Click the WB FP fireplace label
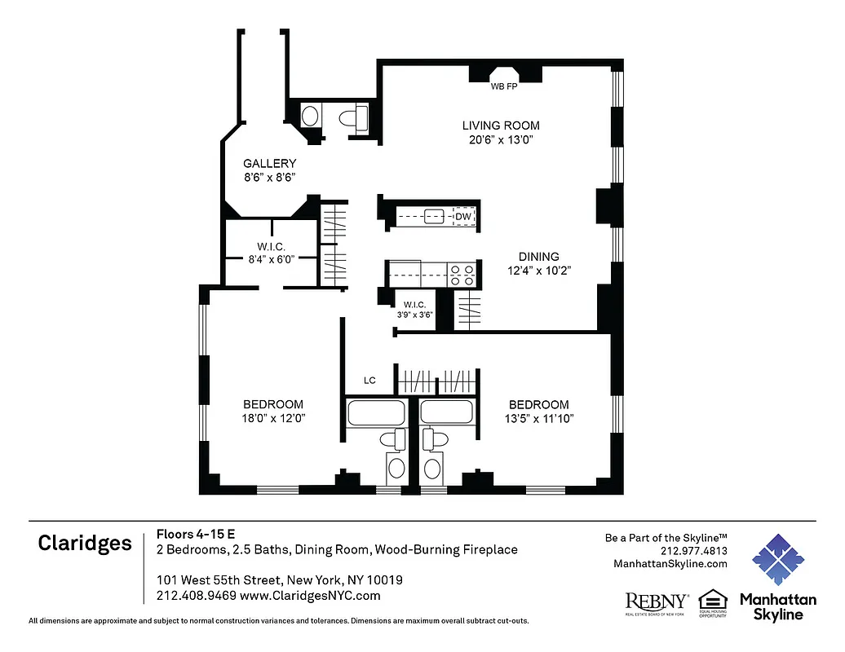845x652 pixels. click(x=504, y=86)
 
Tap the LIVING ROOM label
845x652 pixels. click(x=501, y=126)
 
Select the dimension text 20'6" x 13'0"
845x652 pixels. click(x=501, y=139)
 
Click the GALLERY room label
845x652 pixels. click(x=269, y=164)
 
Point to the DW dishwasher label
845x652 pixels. click(x=462, y=217)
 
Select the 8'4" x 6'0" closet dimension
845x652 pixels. click(x=271, y=258)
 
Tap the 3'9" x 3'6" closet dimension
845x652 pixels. click(x=414, y=315)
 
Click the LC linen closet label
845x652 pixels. click(x=369, y=381)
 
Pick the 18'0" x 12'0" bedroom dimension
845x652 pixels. click(x=273, y=419)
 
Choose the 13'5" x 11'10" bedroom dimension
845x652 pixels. click(x=538, y=419)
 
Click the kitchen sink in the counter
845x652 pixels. click(x=433, y=217)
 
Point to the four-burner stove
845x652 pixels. click(x=462, y=275)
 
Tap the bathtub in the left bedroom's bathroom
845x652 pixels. click(x=375, y=412)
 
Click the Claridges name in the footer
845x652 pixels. click(x=85, y=544)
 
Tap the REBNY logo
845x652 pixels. click(x=657, y=602)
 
